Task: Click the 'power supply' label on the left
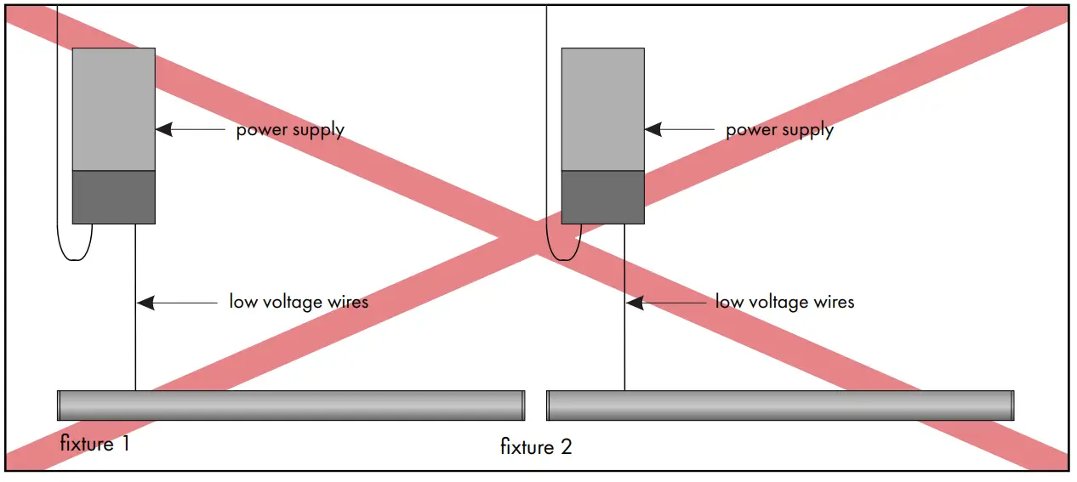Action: point(290,130)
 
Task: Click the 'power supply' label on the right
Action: point(779,130)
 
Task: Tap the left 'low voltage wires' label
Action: point(299,302)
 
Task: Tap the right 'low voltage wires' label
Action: point(784,302)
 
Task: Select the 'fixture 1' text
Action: point(94,443)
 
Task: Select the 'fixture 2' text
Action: point(536,447)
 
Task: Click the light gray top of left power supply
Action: point(113,109)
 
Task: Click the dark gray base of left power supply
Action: point(113,197)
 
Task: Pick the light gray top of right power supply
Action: point(602,109)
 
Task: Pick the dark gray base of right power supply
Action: point(602,197)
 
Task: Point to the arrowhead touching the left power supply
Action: point(163,130)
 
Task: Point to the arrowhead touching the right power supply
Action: point(652,130)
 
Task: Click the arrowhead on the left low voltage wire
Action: point(145,302)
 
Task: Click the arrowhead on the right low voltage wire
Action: point(634,302)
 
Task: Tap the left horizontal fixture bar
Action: point(290,405)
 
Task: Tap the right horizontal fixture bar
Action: point(779,405)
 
